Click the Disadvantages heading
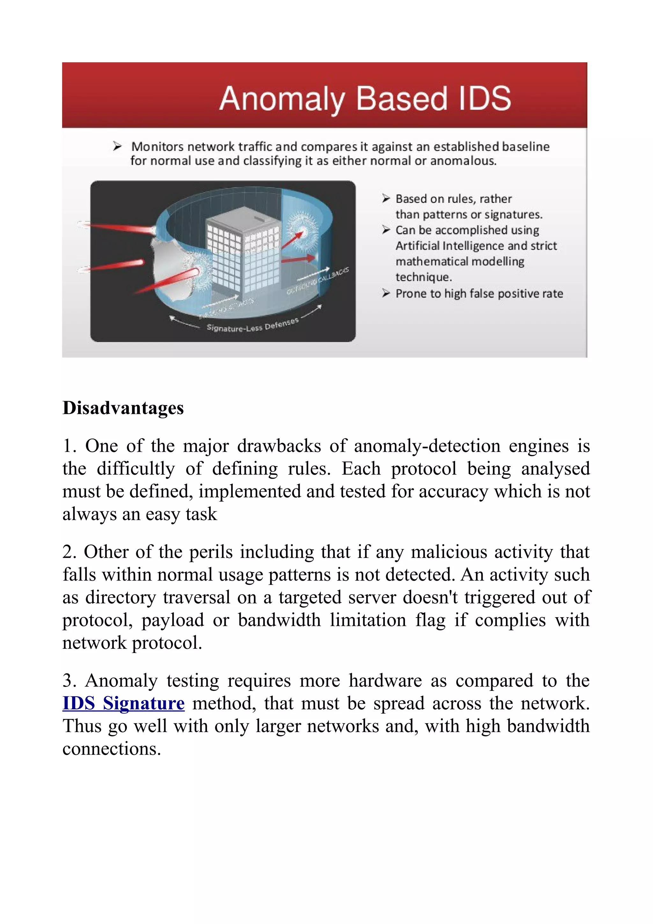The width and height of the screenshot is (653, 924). point(123,408)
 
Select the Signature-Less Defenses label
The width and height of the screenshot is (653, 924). point(252,325)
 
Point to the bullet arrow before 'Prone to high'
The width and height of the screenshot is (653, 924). point(386,293)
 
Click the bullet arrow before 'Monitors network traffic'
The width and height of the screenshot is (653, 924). point(117,146)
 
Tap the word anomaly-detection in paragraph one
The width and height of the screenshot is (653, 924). point(427,446)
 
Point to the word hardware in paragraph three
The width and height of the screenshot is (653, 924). point(385,680)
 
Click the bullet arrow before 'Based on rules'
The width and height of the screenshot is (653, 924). point(386,198)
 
